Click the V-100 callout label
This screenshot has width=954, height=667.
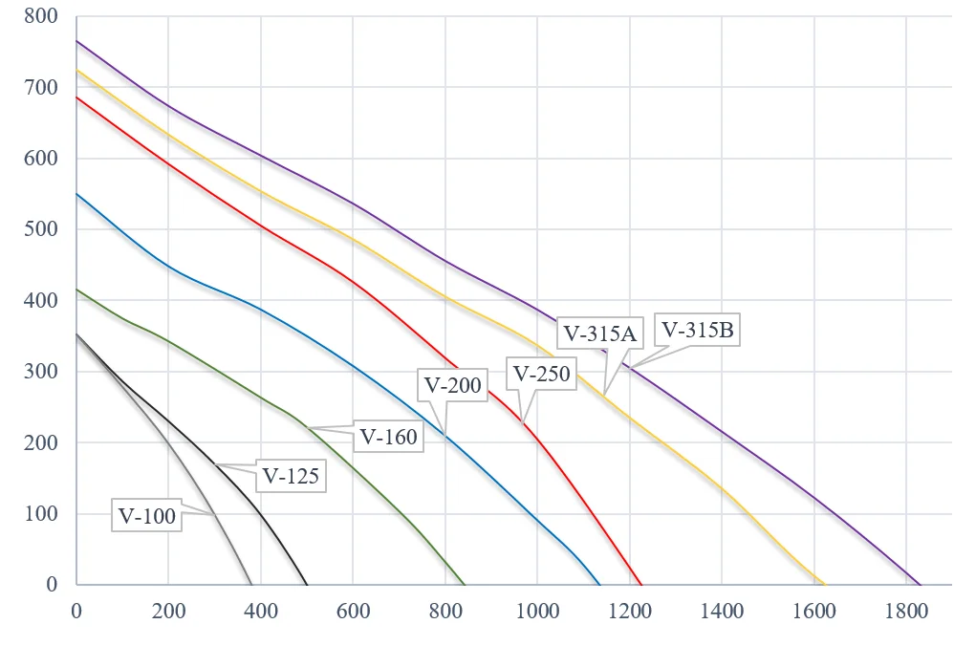[147, 517]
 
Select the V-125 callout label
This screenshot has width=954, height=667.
[291, 474]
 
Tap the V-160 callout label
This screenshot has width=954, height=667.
[387, 437]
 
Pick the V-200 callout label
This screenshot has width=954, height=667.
[453, 386]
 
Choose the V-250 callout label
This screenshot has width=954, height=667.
[541, 374]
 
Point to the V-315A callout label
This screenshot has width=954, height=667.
[600, 333]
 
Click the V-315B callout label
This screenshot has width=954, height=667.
[698, 331]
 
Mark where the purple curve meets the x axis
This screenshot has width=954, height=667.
[920, 584]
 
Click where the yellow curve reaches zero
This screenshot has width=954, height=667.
[824, 584]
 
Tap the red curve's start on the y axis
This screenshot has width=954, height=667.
[76, 97]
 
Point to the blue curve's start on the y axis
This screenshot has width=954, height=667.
[76, 193]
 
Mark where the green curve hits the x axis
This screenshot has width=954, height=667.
[465, 584]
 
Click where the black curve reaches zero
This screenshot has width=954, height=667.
[307, 584]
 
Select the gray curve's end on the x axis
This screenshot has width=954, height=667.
[251, 584]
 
